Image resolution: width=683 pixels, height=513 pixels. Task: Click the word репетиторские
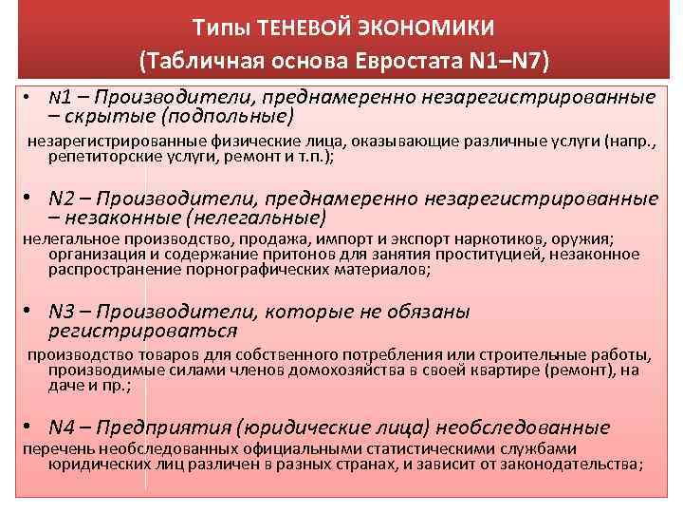click(98, 158)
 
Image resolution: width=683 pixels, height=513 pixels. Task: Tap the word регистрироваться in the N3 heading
click(142, 332)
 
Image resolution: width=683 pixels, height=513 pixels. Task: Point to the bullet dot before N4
click(30, 427)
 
